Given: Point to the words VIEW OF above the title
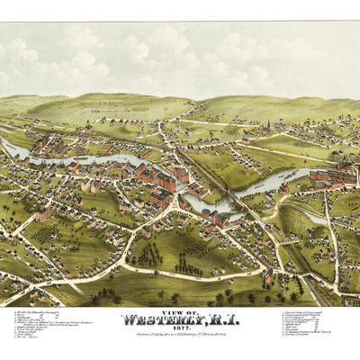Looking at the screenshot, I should [x=179, y=303].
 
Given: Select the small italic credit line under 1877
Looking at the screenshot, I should [x=180, y=330].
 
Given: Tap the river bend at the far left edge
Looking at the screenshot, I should [x=7, y=144].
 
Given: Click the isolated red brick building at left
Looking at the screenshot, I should [x=41, y=215].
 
